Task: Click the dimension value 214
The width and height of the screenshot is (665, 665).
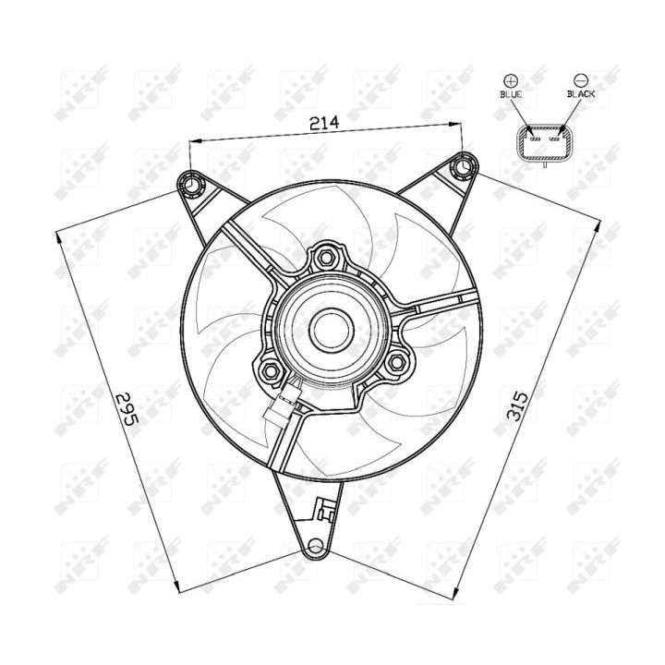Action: (x=324, y=122)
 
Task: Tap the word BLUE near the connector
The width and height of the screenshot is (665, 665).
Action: (x=511, y=95)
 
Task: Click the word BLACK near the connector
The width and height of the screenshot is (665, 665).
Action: (x=581, y=95)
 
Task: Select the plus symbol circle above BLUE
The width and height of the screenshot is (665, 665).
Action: (x=511, y=80)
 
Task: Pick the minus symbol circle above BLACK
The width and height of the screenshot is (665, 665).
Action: (x=580, y=80)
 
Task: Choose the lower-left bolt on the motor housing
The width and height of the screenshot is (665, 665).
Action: (x=271, y=371)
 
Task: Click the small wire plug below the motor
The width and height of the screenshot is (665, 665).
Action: (x=284, y=404)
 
